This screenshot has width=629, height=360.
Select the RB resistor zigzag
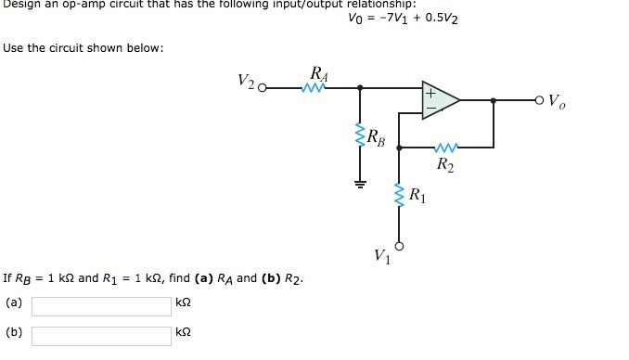pyautogui.click(x=360, y=137)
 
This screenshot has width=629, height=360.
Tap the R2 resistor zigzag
pyautogui.click(x=446, y=147)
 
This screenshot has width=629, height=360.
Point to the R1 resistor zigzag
pyautogui.click(x=401, y=196)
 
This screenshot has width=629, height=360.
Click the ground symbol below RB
pyautogui.click(x=360, y=181)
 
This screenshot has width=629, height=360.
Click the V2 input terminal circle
pyautogui.click(x=262, y=89)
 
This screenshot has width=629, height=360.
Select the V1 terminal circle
pyautogui.click(x=401, y=247)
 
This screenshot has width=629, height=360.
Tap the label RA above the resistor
pyautogui.click(x=318, y=73)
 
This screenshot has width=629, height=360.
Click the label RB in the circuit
pyautogui.click(x=377, y=139)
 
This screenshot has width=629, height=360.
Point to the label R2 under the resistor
pyautogui.click(x=445, y=166)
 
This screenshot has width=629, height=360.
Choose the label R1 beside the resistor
pyautogui.click(x=418, y=196)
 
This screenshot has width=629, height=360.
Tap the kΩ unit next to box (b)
pyautogui.click(x=183, y=332)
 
